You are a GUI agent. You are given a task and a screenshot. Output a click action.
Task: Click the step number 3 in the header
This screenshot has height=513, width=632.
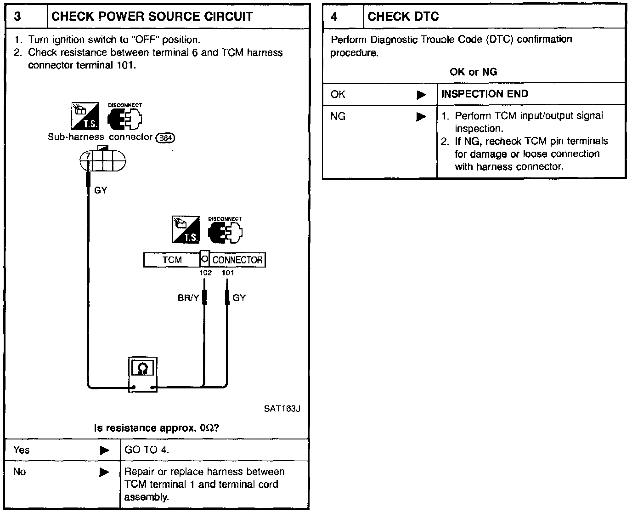tap(17, 17)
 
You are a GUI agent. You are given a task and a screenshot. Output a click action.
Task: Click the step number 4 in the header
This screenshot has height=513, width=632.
tap(334, 17)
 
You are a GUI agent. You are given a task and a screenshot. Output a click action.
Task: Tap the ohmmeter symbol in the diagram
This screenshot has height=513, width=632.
tap(143, 368)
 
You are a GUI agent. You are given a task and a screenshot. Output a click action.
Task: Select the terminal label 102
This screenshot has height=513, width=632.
tap(205, 273)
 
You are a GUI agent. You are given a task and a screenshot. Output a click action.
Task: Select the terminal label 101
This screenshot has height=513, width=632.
tap(228, 273)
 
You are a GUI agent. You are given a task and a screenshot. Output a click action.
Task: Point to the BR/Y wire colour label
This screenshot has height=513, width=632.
tap(188, 298)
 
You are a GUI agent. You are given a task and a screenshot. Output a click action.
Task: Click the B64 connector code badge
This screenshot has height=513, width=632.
tap(165, 137)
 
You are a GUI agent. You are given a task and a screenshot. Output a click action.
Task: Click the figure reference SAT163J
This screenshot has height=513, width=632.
tap(282, 409)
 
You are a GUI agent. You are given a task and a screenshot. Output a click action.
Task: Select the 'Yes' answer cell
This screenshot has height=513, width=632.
tap(22, 450)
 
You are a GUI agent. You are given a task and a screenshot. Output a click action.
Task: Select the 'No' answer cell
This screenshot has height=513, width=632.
tap(19, 472)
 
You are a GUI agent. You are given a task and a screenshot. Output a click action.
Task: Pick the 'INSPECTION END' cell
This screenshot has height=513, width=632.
tap(485, 94)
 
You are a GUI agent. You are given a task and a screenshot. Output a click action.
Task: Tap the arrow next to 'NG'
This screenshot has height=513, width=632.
tap(421, 117)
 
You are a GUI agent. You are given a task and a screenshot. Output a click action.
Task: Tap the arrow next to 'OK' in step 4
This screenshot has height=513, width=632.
tap(421, 95)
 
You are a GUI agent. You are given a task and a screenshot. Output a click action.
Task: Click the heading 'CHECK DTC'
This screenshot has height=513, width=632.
tap(403, 17)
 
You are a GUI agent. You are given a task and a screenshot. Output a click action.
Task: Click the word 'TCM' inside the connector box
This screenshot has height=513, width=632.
tap(172, 260)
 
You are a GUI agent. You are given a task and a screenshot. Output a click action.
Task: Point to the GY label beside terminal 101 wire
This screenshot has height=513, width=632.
tap(239, 298)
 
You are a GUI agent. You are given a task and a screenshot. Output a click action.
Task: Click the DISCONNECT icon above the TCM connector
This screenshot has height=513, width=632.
tap(225, 231)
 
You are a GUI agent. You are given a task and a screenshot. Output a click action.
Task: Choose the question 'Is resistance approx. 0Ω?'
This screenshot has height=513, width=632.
tap(157, 428)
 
